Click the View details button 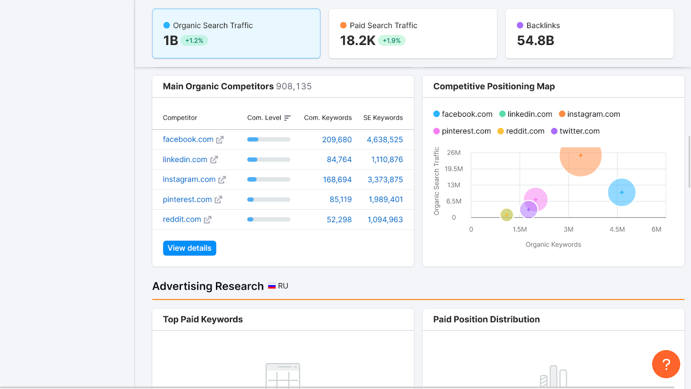point(190,248)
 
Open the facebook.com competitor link point(188,140)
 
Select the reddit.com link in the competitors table point(182,220)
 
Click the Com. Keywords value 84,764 point(339,159)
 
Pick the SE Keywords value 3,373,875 point(385,179)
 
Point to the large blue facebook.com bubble point(621,192)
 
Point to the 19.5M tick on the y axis point(453,169)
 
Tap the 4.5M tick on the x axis point(617,230)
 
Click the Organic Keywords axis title point(553,245)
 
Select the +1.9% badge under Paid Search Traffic point(392,41)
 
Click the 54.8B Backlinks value point(536,41)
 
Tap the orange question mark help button point(666,364)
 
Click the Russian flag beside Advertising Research point(272,286)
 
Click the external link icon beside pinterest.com point(219,200)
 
